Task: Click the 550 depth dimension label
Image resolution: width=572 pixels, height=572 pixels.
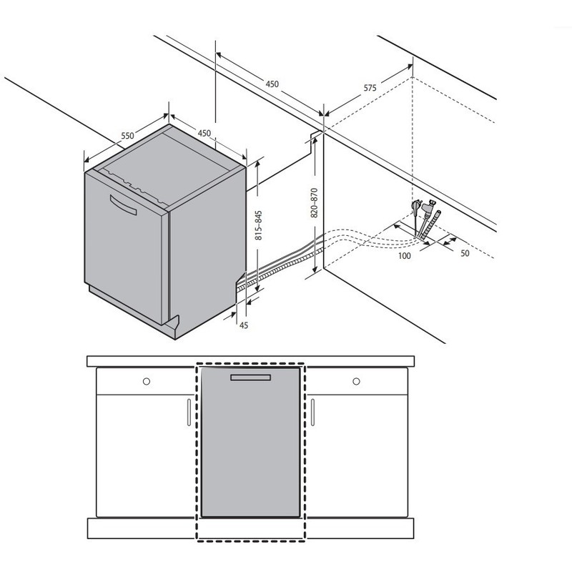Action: (128, 136)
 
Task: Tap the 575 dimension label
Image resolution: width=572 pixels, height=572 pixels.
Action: (370, 88)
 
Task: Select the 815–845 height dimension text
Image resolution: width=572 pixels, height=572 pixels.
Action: (258, 225)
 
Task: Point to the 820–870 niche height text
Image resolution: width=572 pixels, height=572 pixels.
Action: (314, 203)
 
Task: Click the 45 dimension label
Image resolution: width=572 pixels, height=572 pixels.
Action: (244, 325)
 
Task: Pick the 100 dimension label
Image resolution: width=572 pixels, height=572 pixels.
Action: (404, 256)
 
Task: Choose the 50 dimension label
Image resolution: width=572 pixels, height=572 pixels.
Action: (465, 253)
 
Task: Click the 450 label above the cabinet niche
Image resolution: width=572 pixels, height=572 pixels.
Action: (272, 84)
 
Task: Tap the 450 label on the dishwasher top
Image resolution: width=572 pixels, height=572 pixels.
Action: (204, 133)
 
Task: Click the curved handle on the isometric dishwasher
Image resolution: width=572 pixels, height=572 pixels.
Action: (123, 205)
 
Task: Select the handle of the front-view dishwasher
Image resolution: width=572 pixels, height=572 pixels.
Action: (251, 378)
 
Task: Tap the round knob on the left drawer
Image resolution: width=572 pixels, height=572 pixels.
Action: (147, 381)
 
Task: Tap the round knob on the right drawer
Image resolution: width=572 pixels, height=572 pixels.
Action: (356, 381)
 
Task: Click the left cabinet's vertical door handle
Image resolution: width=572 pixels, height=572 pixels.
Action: (189, 413)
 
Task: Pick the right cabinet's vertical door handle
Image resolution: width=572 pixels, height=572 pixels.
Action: (312, 413)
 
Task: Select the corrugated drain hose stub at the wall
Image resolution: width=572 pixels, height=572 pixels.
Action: (432, 225)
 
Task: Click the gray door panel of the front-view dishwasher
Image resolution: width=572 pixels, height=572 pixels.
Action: (251, 442)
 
